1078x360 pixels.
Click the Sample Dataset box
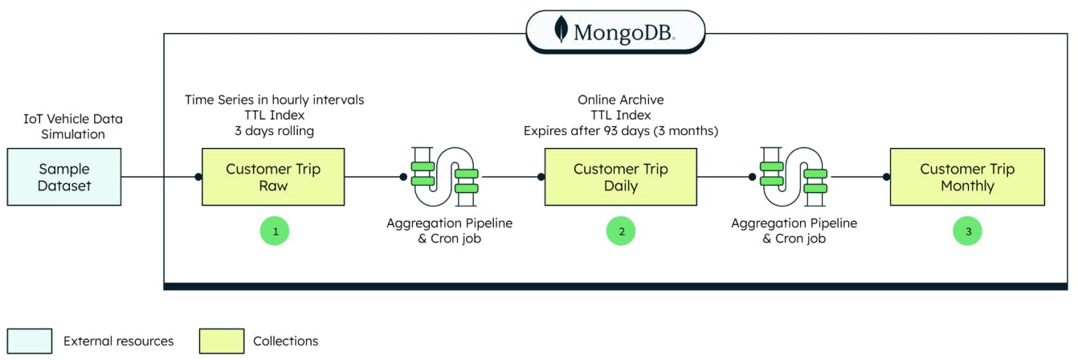tap(64, 177)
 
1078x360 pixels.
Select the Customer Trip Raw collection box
tap(273, 177)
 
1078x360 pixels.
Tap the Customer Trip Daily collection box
tap(621, 177)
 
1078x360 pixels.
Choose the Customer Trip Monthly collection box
tap(967, 177)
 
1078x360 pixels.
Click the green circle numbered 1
tap(275, 231)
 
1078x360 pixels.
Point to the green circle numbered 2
tap(621, 231)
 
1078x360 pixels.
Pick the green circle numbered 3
tap(968, 231)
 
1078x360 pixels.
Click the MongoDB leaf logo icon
tap(561, 31)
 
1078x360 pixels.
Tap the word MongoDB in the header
tap(623, 32)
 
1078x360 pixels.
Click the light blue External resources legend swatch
tap(30, 341)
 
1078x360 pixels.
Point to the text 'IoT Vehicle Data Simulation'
tap(73, 126)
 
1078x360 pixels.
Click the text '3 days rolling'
tap(274, 130)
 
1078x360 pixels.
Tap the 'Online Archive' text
tap(621, 100)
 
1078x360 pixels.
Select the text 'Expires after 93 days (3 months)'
tap(621, 130)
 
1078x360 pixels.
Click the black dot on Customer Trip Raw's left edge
tap(198, 177)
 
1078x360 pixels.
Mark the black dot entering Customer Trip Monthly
tap(887, 177)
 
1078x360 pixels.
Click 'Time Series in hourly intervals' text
tap(274, 100)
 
